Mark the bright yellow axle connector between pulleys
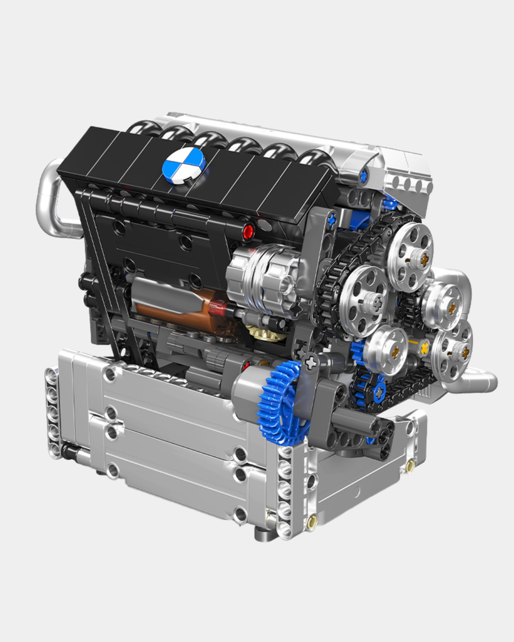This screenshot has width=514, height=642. click(425, 346)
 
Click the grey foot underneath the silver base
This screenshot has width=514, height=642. click(265, 534)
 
